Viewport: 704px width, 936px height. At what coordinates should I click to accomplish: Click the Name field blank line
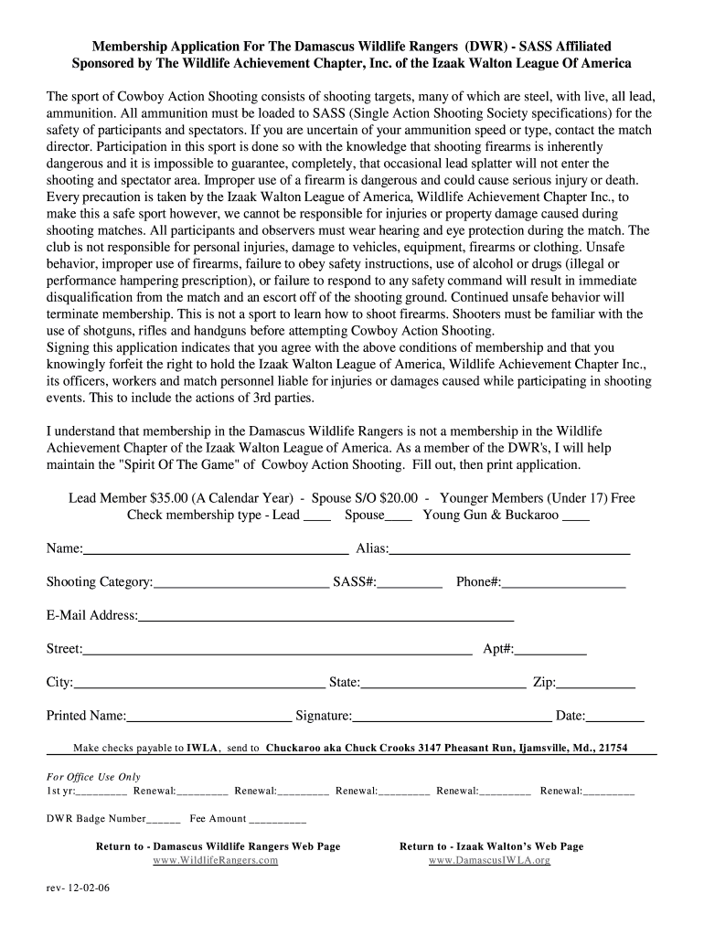[216, 549]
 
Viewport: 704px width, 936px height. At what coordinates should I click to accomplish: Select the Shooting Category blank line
[241, 582]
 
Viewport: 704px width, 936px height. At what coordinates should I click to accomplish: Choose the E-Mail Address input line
[325, 616]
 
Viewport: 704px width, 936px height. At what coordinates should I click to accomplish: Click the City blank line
[199, 683]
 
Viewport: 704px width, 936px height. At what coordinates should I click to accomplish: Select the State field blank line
[443, 683]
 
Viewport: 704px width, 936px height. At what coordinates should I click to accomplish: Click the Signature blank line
[452, 717]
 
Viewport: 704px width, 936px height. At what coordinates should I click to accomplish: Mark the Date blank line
[615, 717]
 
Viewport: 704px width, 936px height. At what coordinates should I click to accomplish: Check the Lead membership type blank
[317, 516]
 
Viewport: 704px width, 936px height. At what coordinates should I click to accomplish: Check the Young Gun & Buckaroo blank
[576, 516]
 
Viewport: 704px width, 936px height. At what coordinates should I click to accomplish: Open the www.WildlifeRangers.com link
[215, 861]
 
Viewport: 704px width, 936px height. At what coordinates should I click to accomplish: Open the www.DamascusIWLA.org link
[489, 861]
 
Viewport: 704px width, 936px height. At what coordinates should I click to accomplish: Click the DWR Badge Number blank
[164, 820]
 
